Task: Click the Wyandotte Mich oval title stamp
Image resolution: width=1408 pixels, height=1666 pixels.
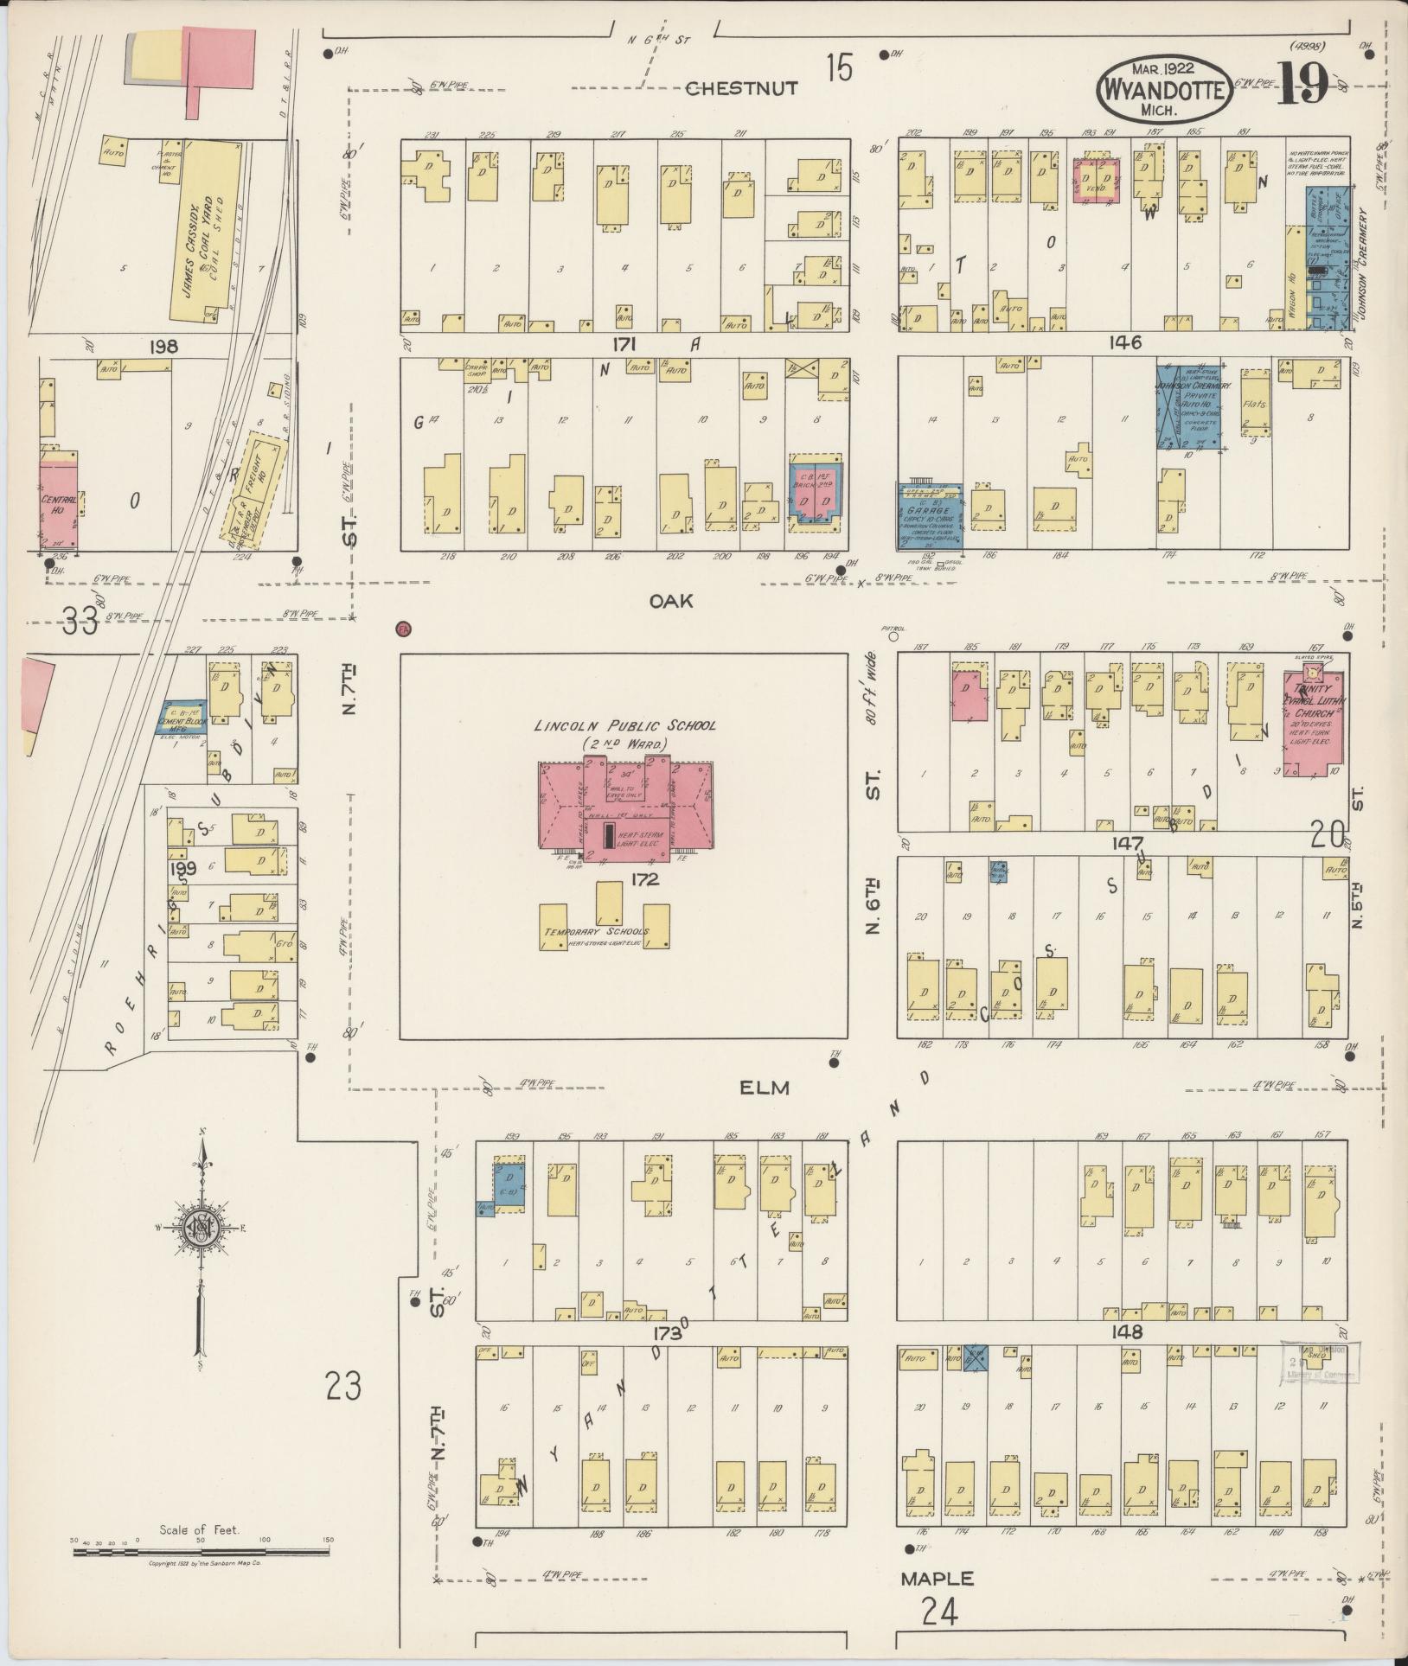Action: click(1165, 90)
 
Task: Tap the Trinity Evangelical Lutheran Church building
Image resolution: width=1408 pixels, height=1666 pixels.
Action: click(1313, 726)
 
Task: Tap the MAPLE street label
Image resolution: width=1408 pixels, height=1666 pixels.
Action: click(937, 1578)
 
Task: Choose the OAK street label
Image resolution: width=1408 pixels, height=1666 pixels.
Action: click(672, 601)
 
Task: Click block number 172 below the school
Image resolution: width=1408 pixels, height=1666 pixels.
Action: click(645, 879)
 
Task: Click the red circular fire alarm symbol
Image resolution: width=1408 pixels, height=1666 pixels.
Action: click(402, 629)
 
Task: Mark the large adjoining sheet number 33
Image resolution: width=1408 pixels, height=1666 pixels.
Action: click(80, 621)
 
